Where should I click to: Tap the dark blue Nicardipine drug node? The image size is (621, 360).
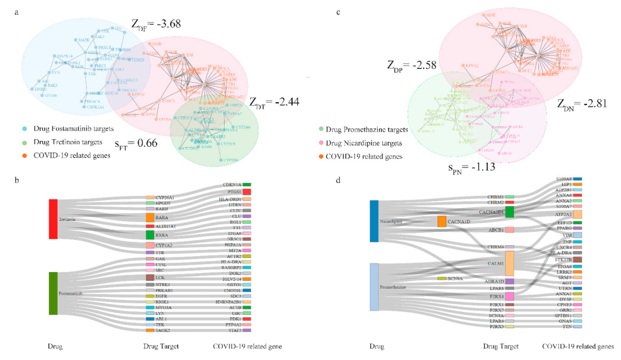[373, 221]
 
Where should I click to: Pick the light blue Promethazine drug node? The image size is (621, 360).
[373, 287]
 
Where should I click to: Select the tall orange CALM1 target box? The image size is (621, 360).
[510, 263]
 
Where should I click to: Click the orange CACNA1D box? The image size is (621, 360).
[441, 221]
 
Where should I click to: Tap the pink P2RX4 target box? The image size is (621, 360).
[510, 296]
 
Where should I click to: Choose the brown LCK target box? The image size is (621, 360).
[150, 277]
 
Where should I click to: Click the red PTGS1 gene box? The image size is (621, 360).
[247, 191]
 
